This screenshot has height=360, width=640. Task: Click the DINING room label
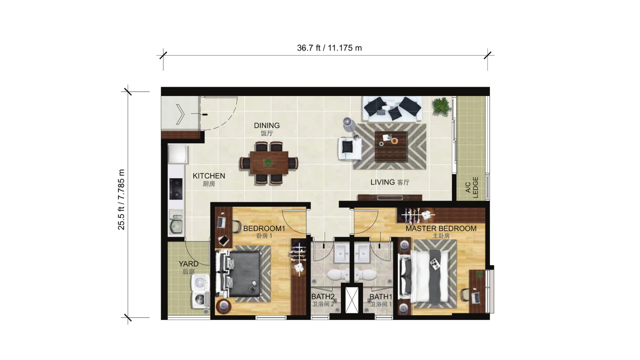pyautogui.click(x=267, y=126)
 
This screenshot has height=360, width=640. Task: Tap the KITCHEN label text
pyautogui.click(x=209, y=176)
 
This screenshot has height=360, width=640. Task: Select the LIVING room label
pyautogui.click(x=383, y=182)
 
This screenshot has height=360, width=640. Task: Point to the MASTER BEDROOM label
pyautogui.click(x=441, y=229)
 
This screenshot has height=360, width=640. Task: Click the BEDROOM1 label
pyautogui.click(x=264, y=229)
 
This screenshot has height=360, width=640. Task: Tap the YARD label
pyautogui.click(x=189, y=264)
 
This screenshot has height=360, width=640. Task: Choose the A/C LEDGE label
pyautogui.click(x=472, y=187)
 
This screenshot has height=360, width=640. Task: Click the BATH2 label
pyautogui.click(x=323, y=297)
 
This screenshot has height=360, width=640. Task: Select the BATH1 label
pyautogui.click(x=381, y=297)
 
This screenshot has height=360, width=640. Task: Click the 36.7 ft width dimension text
pyautogui.click(x=329, y=48)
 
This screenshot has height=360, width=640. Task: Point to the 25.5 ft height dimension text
pyautogui.click(x=121, y=200)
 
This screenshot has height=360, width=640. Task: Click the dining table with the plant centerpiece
pyautogui.click(x=269, y=163)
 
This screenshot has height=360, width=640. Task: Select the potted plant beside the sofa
pyautogui.click(x=442, y=106)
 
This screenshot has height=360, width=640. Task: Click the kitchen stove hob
pyautogui.click(x=176, y=189)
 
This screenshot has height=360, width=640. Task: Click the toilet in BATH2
pyautogui.click(x=337, y=275)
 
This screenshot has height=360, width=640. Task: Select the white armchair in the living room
pyautogui.click(x=349, y=149)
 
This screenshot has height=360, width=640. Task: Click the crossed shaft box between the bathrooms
pyautogui.click(x=352, y=299)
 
